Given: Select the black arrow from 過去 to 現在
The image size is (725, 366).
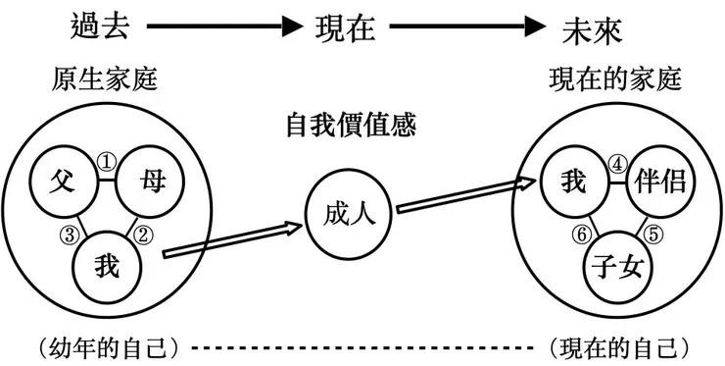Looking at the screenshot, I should pos(217,26).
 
